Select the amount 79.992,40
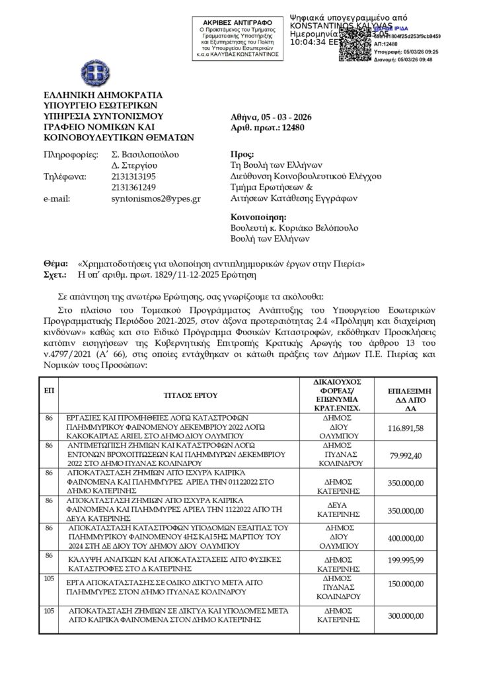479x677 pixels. coord(424,454)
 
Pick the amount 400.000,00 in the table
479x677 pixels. coord(424,539)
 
